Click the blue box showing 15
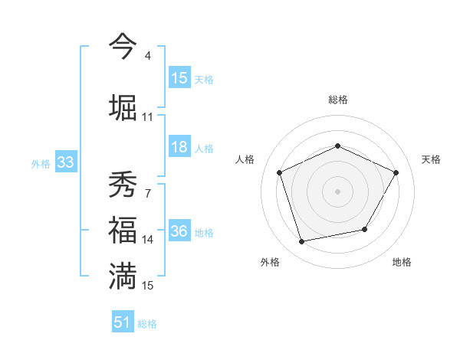[179, 78]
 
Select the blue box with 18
[179, 147]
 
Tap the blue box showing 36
[179, 232]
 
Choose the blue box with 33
[64, 162]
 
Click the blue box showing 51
[123, 322]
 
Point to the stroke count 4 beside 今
[147, 56]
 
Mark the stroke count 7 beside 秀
[147, 193]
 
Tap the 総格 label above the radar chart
[337, 100]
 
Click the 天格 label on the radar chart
[431, 159]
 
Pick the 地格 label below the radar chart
[402, 262]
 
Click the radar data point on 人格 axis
[280, 172]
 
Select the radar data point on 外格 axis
[302, 241]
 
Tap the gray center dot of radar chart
[337, 191]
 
